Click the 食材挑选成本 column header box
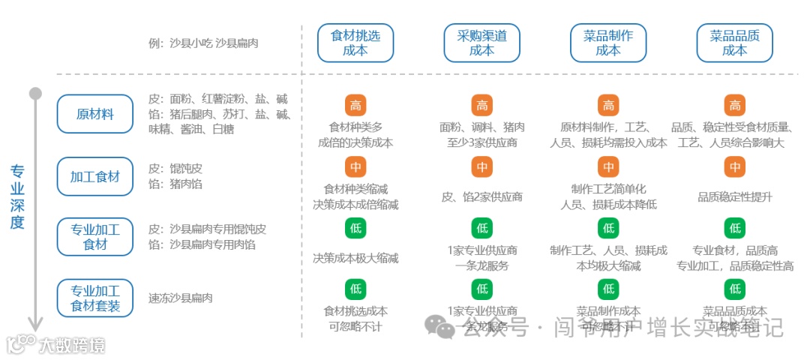(x=355, y=43)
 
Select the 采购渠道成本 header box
(x=481, y=43)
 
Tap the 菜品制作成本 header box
(x=608, y=43)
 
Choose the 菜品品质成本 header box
(x=735, y=43)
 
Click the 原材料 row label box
(x=95, y=115)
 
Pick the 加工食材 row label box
(x=95, y=177)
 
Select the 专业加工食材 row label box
(x=95, y=236)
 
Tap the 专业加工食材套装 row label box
(x=95, y=298)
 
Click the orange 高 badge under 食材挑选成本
(x=355, y=106)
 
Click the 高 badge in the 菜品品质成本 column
(x=735, y=106)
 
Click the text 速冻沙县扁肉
(x=181, y=298)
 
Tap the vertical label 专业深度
(x=16, y=196)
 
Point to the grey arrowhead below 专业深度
(x=35, y=324)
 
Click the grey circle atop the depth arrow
(x=35, y=94)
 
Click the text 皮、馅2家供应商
(x=481, y=197)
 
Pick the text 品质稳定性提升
(x=735, y=197)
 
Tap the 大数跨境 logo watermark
(x=56, y=345)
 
